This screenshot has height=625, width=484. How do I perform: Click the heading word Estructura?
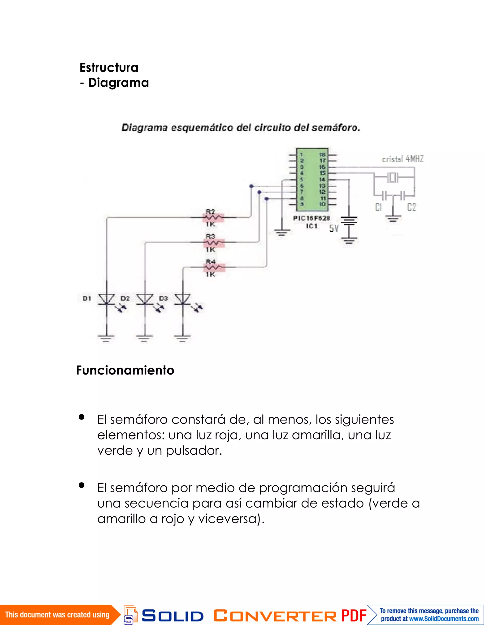(x=109, y=68)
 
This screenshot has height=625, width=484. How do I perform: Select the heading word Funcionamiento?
(x=125, y=370)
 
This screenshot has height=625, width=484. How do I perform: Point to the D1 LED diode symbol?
(x=107, y=299)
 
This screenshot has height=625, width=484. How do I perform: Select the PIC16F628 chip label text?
(x=311, y=218)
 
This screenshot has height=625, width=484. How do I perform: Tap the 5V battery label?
(x=334, y=228)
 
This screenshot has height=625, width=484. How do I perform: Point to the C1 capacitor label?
(x=378, y=207)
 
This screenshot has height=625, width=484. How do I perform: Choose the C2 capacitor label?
(x=412, y=207)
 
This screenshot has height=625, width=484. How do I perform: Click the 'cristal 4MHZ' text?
(x=402, y=159)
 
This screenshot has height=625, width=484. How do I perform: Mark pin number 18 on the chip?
(x=322, y=155)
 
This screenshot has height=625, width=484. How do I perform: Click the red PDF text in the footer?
(x=354, y=616)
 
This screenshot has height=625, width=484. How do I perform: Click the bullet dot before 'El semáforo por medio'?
(x=82, y=485)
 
